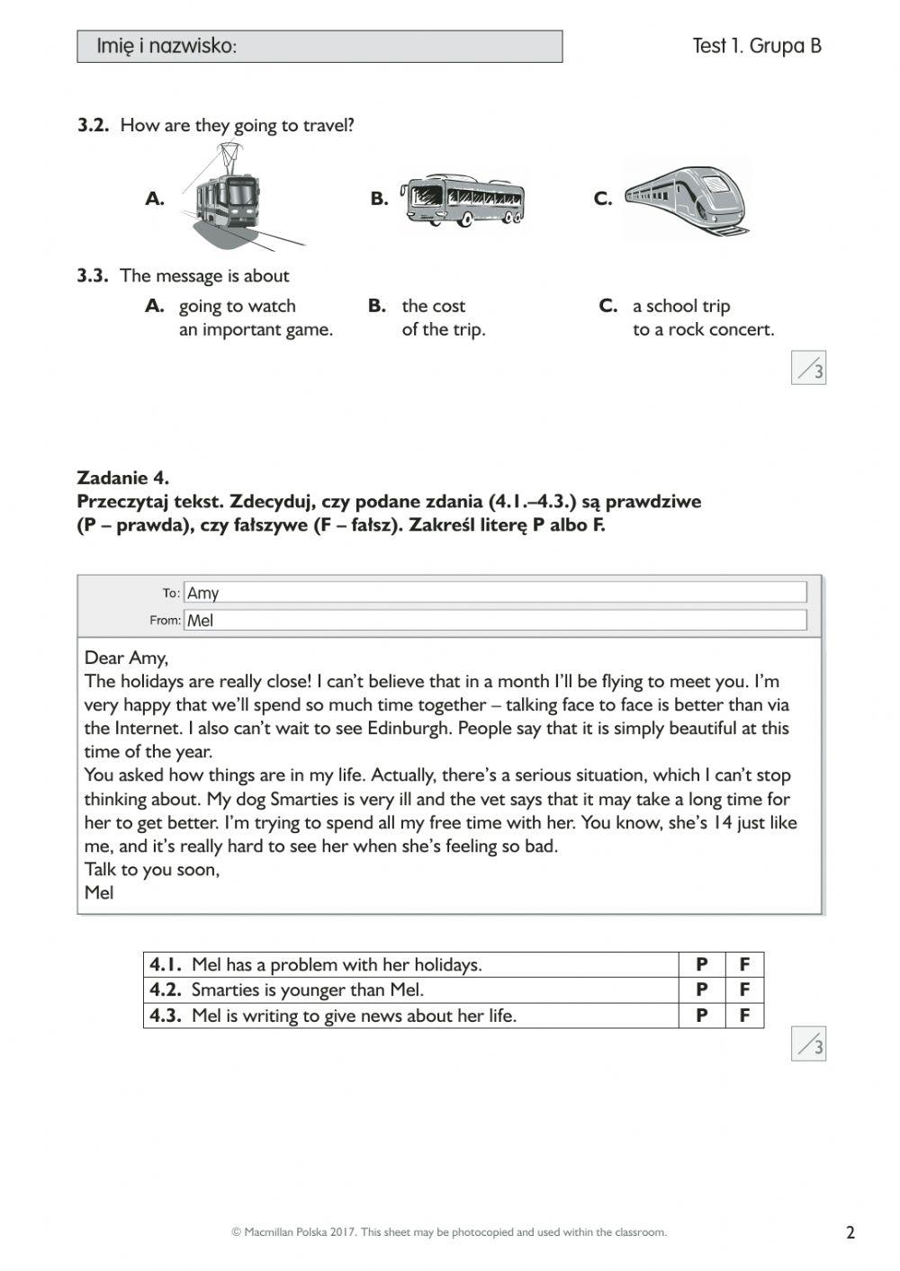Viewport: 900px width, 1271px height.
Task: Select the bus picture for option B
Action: click(463, 200)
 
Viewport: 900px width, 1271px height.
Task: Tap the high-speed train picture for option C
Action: click(688, 200)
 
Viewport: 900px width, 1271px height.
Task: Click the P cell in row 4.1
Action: click(701, 965)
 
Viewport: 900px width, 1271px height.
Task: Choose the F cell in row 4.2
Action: click(744, 990)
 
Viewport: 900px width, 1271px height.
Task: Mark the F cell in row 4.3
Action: click(744, 1016)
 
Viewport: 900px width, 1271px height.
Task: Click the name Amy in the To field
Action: click(203, 593)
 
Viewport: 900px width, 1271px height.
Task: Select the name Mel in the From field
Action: click(200, 620)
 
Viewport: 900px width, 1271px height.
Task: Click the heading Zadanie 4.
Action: click(123, 478)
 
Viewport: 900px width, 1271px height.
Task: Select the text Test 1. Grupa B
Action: click(756, 46)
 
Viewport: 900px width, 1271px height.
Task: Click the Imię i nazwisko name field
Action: click(319, 47)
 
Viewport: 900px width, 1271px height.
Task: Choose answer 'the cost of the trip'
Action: click(443, 318)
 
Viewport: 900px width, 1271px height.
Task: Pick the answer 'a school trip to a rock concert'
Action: click(702, 318)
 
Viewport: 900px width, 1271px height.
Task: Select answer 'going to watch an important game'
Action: click(255, 318)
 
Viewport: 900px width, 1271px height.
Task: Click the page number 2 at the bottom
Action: click(850, 1232)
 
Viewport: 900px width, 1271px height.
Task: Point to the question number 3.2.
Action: click(93, 126)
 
